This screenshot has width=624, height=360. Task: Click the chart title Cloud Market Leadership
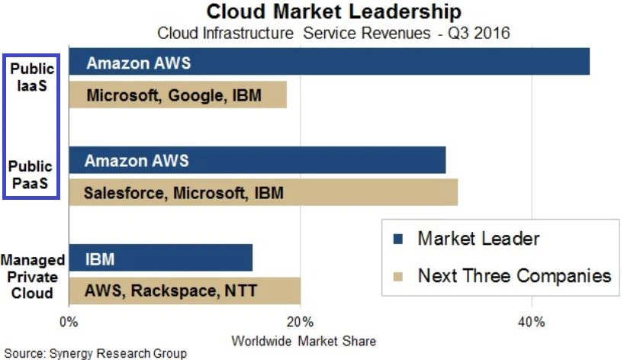coord(334,11)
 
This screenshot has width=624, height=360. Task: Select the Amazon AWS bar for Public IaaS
coord(329,62)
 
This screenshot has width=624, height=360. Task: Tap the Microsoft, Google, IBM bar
coord(178,95)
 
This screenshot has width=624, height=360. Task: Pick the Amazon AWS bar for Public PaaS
coord(257,161)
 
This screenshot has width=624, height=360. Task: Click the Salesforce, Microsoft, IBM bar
coord(263,192)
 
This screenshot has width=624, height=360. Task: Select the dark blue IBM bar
coord(160,259)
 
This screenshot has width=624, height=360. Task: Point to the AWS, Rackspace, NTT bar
coord(185,290)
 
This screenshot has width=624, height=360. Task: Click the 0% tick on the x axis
coord(69,322)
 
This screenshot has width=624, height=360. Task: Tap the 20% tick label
coord(301,322)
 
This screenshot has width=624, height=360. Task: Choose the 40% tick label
coord(531,322)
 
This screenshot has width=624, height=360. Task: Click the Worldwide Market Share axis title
coord(303,340)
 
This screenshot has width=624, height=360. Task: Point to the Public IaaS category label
coord(32,77)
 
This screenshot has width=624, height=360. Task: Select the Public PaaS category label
coord(31,175)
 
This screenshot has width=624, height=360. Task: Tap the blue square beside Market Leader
coord(398,239)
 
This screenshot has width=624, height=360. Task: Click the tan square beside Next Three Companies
coord(398,275)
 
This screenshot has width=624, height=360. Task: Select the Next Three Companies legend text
coord(514,275)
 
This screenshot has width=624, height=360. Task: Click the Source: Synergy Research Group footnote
coord(95,353)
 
